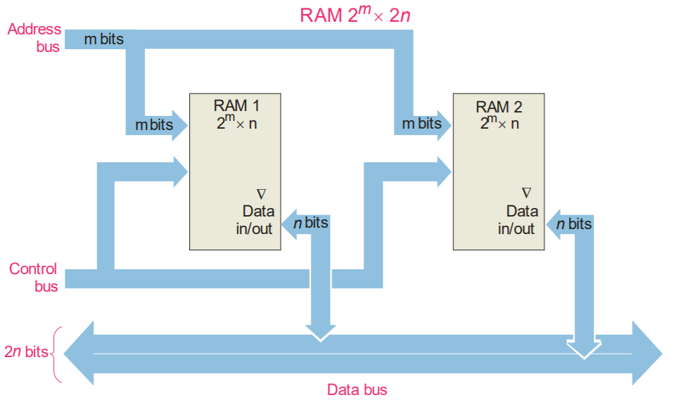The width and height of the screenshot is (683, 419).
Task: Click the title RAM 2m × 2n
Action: click(355, 15)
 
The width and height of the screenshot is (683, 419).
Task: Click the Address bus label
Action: click(34, 38)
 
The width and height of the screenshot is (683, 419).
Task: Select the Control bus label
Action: click(34, 278)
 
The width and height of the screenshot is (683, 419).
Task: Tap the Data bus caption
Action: click(357, 389)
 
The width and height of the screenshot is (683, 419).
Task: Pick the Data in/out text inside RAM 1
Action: click(255, 219)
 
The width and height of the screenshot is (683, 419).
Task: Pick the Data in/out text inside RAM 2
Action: click(518, 219)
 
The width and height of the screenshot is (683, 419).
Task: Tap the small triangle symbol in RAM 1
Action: click(261, 193)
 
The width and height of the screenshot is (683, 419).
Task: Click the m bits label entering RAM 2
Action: click(421, 124)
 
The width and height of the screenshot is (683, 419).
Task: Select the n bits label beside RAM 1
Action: click(311, 223)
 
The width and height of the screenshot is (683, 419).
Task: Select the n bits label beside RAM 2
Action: click(574, 224)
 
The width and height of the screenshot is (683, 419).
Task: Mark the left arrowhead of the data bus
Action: click(79, 352)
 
